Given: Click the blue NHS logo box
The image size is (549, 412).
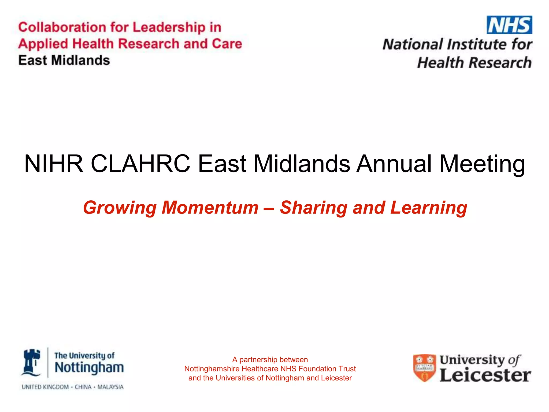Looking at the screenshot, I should pyautogui.click(x=509, y=25).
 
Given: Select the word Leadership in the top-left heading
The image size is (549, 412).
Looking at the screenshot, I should pyautogui.click(x=169, y=27).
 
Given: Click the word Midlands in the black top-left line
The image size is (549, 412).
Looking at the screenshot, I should pyautogui.click(x=80, y=60).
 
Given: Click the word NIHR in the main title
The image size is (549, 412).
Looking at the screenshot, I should pyautogui.click(x=54, y=164).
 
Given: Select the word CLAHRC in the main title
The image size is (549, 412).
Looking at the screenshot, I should pyautogui.click(x=140, y=164).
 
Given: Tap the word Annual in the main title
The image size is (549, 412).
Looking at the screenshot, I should pyautogui.click(x=394, y=164).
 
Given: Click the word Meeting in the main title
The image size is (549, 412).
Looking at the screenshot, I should pyautogui.click(x=482, y=164).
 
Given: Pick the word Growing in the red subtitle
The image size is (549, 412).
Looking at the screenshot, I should pyautogui.click(x=120, y=208).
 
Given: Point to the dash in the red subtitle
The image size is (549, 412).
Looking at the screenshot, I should pyautogui.click(x=269, y=208).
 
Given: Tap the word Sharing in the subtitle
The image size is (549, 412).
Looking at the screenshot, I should pyautogui.click(x=313, y=208).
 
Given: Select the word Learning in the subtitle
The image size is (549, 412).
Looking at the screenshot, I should pyautogui.click(x=429, y=208).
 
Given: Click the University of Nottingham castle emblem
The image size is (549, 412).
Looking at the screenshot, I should pyautogui.click(x=32, y=363).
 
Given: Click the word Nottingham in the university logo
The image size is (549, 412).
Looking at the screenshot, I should pyautogui.click(x=89, y=368).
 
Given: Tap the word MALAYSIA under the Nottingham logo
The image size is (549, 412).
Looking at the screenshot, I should pyautogui.click(x=110, y=387).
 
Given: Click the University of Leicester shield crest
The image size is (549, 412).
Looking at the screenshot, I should pyautogui.click(x=424, y=368).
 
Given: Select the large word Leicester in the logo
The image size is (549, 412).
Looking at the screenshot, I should pyautogui.click(x=485, y=375).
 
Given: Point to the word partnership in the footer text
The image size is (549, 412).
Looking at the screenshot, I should pyautogui.click(x=258, y=360).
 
